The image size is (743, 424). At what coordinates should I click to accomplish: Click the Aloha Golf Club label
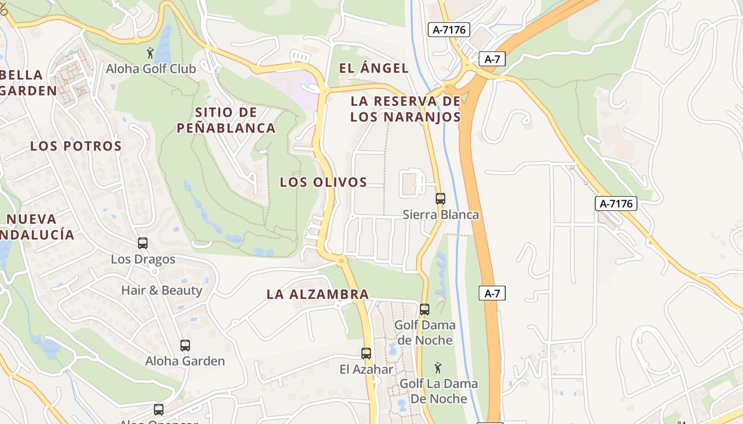151,69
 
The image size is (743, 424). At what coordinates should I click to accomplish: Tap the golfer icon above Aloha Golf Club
151,53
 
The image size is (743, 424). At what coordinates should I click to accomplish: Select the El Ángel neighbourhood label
374,68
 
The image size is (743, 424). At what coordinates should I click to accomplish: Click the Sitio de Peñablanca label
226,120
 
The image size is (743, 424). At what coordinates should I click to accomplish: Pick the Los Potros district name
76,146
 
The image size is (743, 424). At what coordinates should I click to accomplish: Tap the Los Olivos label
323,182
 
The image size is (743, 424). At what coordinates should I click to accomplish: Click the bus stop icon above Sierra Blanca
440,199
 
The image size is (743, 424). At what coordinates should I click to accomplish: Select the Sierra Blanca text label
440,215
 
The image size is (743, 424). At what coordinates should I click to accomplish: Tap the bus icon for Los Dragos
143,243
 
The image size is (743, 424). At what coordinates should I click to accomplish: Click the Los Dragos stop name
143,260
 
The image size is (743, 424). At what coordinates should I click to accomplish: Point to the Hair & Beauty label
162,290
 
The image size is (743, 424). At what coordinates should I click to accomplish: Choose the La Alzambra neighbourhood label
317,294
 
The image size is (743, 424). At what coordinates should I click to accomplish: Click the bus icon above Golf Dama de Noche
425,309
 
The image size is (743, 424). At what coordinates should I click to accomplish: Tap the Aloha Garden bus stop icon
185,346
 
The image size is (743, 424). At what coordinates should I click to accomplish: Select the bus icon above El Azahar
366,354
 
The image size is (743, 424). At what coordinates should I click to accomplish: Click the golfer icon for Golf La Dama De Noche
438,368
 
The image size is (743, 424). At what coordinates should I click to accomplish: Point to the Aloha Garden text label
185,361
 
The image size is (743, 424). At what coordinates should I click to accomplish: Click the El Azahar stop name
366,369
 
